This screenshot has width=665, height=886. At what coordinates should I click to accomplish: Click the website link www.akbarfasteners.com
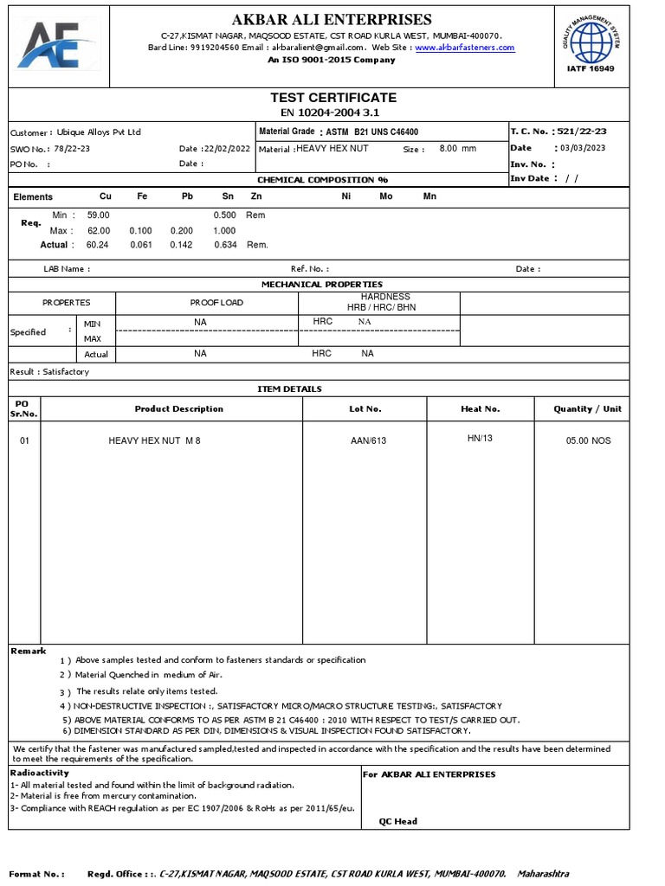click(464, 48)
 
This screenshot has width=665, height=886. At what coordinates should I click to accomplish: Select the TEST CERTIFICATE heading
click(333, 98)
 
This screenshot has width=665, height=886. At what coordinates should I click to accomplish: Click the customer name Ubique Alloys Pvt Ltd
click(98, 132)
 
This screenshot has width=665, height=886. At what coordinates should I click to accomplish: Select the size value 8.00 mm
click(458, 149)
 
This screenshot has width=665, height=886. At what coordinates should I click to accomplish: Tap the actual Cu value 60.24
click(98, 245)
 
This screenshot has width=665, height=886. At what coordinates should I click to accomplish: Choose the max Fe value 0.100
click(140, 231)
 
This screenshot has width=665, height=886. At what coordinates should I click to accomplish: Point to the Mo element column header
click(386, 196)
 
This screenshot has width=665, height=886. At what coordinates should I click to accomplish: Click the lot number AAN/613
click(368, 441)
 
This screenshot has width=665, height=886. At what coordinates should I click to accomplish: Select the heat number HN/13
click(480, 439)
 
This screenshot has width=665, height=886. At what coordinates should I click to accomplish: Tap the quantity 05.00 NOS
click(588, 441)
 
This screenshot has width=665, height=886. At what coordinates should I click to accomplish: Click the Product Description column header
click(178, 408)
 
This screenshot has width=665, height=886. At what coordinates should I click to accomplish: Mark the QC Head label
click(397, 821)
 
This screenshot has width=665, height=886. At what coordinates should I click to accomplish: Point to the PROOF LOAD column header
click(216, 303)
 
